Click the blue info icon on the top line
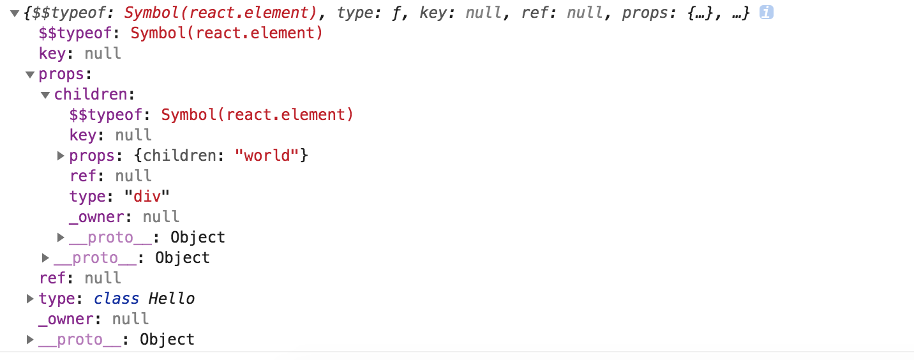click(x=767, y=12)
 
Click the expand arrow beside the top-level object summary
click(x=15, y=13)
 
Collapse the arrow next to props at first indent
click(x=30, y=75)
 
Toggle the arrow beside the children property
click(x=45, y=95)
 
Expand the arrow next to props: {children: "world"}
click(x=61, y=155)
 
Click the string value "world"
click(x=268, y=155)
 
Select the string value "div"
click(x=147, y=196)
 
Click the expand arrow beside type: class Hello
click(x=30, y=298)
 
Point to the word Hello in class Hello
click(x=172, y=298)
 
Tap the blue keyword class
click(x=116, y=298)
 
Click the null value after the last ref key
click(x=103, y=278)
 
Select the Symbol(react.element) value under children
click(x=257, y=115)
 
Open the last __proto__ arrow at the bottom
click(x=30, y=339)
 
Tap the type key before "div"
click(x=86, y=196)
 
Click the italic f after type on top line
click(x=394, y=13)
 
